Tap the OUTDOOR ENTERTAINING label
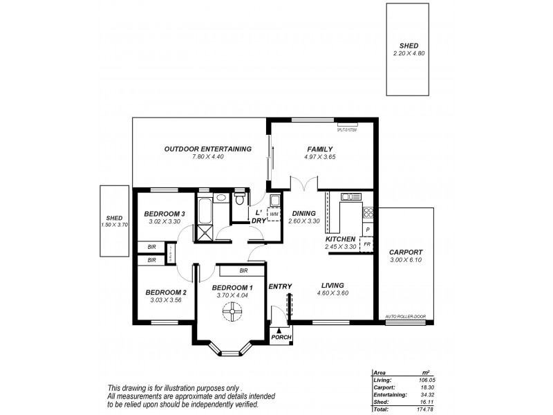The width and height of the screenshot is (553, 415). (207, 149)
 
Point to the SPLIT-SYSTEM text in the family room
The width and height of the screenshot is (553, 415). (346, 129)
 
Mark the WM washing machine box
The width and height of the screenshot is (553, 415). (274, 214)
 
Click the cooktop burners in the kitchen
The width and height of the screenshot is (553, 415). (368, 213)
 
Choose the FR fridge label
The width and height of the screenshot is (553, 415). (367, 245)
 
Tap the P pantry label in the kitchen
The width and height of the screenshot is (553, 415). (368, 229)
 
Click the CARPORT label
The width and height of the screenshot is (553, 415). (406, 252)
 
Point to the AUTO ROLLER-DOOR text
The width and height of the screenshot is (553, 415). (406, 317)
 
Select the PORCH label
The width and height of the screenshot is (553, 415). (281, 338)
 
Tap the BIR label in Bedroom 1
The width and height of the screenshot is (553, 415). (243, 270)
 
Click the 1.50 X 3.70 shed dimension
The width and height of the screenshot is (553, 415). (115, 225)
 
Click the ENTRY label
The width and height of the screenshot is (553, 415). (280, 286)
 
